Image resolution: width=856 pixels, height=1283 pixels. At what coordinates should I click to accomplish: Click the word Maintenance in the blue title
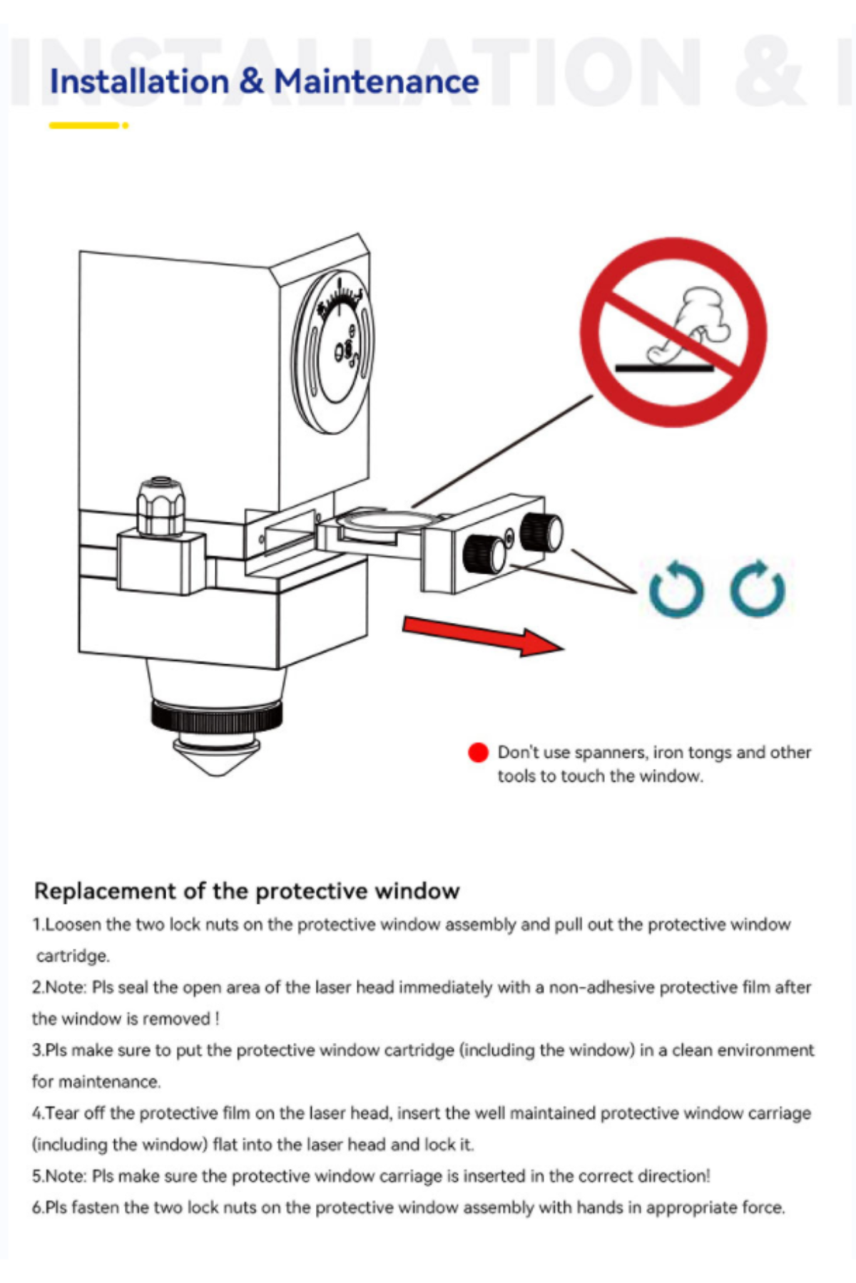tap(377, 81)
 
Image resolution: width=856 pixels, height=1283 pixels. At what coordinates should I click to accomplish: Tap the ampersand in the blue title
tap(251, 81)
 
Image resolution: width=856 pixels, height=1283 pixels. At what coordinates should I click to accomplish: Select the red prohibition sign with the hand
tap(673, 332)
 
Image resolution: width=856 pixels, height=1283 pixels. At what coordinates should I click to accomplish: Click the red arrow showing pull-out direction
tap(484, 636)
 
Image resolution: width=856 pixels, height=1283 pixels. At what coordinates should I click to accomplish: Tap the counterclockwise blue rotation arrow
tap(676, 589)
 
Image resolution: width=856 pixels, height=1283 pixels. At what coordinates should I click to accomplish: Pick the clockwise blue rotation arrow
tap(758, 589)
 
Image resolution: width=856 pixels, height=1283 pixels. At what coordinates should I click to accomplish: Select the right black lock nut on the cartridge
tap(541, 532)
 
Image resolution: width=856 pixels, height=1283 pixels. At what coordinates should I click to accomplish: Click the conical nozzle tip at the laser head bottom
tap(217, 757)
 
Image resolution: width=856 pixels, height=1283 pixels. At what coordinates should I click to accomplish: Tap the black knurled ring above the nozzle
tap(216, 716)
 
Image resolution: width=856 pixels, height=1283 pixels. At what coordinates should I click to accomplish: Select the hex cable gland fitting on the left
tap(161, 507)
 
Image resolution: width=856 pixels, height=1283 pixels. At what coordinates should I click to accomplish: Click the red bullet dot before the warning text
tap(478, 753)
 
